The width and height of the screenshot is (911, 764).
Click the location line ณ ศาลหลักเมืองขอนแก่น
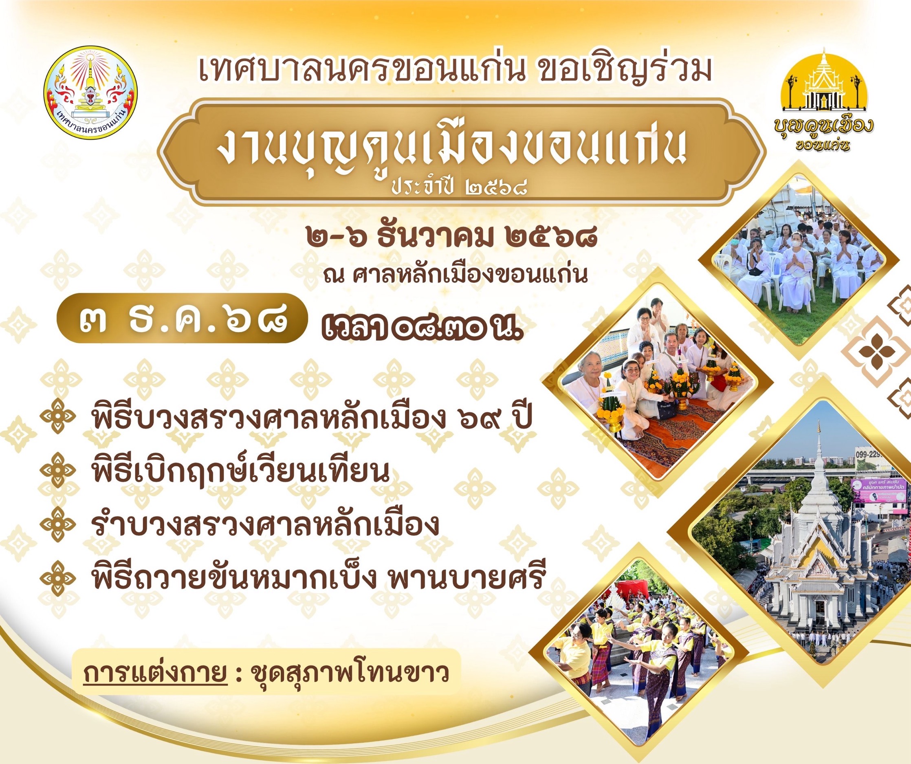pos(455,274)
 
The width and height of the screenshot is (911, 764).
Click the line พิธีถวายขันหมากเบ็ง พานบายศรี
pos(317,576)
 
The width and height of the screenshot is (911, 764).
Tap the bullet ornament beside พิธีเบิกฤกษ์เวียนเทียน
pos(58,471)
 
